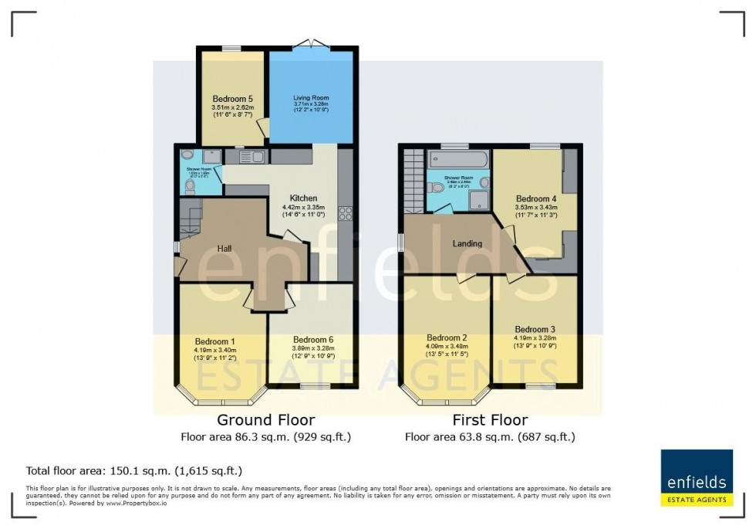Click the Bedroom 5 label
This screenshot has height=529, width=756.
232,98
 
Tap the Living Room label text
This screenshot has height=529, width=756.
311,98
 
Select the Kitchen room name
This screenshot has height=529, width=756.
303,198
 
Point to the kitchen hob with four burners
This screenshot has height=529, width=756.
345,214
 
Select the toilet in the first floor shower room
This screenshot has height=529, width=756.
437,188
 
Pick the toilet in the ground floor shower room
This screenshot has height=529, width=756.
191,186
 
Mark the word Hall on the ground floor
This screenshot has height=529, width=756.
224,249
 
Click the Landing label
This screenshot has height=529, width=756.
467,243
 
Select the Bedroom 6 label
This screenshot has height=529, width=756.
313,339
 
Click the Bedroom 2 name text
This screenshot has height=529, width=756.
447,337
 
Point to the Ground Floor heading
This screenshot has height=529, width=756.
265,420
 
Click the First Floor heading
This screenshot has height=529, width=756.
490,420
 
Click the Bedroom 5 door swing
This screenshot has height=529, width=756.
262,127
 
